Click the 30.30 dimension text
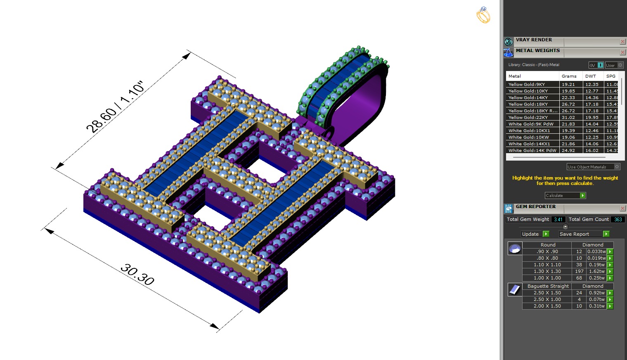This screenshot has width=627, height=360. coord(137,275)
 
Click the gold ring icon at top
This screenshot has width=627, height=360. coord(483,15)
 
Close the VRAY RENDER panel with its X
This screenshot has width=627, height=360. coord(622,42)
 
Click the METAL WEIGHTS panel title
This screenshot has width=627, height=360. coord(537,51)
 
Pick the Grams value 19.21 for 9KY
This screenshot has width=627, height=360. coord(568,84)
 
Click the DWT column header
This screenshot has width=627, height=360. coord(590,76)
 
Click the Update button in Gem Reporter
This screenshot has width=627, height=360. coord(535,234)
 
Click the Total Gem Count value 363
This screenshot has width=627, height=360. coord(618,219)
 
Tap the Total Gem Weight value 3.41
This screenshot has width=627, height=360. coord(558,219)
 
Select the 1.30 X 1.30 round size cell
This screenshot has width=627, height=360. coord(547,271)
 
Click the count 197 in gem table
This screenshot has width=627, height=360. coord(579,271)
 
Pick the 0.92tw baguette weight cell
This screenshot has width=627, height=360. coord(596,293)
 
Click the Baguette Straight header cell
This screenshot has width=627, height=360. coord(548,286)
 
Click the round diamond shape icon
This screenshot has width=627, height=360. coord(515,249)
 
